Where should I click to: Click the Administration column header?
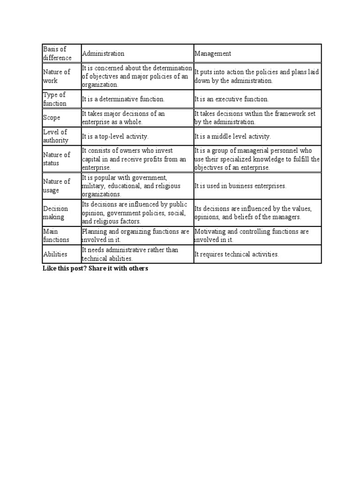tap(104, 53)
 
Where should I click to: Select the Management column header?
tap(213, 53)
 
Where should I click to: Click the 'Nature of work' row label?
tap(57, 76)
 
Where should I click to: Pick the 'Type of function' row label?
tap(55, 99)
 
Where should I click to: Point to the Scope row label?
tap(52, 118)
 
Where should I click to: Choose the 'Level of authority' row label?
tap(56, 136)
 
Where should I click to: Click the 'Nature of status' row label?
tap(57, 159)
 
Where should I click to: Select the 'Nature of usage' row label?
tap(57, 186)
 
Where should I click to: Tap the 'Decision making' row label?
tap(56, 213)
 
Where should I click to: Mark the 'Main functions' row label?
tap(56, 235)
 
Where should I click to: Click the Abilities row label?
tap(55, 254)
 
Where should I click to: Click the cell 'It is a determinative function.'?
tap(123, 99)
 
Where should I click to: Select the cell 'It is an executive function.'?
tap(232, 99)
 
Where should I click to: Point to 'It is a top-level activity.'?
tap(115, 136)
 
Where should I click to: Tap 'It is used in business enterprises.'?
tap(240, 186)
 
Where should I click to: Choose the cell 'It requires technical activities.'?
tap(237, 255)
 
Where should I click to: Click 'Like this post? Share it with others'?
tap(95, 269)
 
